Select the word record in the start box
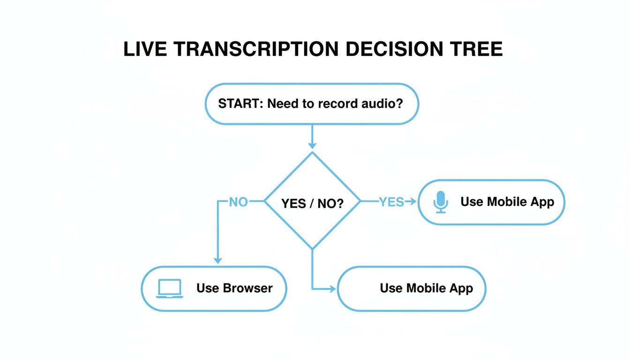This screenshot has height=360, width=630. pos(339,104)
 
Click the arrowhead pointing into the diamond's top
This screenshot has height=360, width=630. pos(312,145)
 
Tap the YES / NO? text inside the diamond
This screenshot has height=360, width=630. pos(312,203)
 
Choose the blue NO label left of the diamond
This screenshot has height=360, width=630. pos(238,202)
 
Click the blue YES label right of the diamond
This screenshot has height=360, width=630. pos(391,202)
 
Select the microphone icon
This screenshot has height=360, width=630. pos(440,202)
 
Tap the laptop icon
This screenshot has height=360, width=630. pos(169,288)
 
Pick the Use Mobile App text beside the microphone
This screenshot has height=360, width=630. pos(507,202)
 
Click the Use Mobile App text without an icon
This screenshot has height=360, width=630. pos(426,288)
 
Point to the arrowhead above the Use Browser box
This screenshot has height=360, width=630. pos(217,260)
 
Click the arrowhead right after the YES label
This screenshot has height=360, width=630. pos(412,202)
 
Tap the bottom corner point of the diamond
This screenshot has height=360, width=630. pos(312,249)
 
